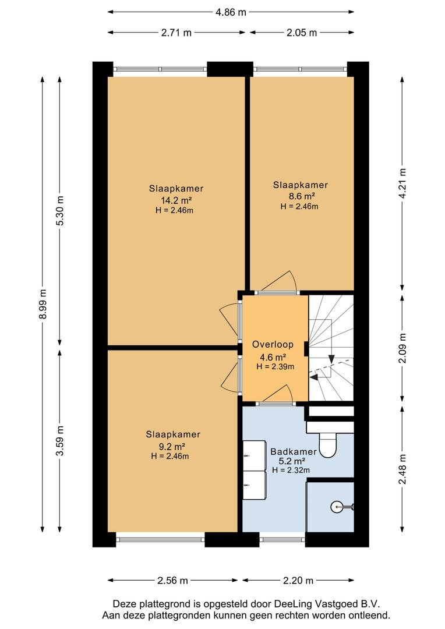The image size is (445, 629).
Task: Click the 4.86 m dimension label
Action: point(231,12)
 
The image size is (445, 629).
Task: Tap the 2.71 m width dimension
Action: point(176,33)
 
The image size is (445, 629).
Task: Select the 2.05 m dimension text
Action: point(302,33)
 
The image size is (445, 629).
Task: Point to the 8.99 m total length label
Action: point(43,303)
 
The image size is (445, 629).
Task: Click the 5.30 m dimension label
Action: point(60,211)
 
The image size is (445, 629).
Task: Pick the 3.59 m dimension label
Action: point(60,441)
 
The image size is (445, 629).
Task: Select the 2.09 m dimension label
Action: point(402,348)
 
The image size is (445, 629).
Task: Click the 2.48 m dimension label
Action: point(402,469)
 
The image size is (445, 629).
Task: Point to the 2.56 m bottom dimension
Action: point(172,581)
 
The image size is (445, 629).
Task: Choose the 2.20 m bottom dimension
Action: point(298,581)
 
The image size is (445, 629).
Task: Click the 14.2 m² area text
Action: point(176,200)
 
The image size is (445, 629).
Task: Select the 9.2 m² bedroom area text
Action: point(172,446)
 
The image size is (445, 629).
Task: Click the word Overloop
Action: point(273,344)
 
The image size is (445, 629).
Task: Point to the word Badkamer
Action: point(294,452)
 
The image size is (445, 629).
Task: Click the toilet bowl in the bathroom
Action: point(327,445)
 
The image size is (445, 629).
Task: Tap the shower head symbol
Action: point(337,507)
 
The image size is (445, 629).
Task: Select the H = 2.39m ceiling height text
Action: point(276,366)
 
